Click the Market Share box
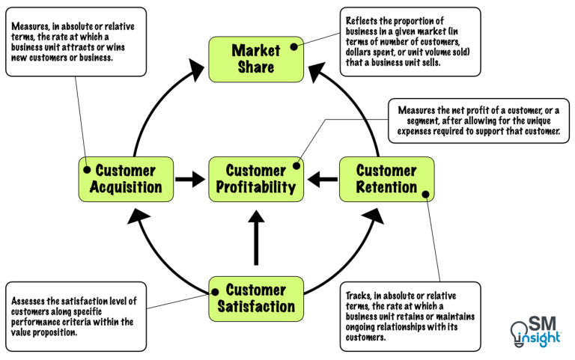[x=256, y=59]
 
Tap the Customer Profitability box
[x=256, y=179]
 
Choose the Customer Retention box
[x=386, y=179]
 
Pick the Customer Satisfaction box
[x=256, y=298]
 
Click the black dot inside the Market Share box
[x=294, y=46]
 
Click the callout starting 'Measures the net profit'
[x=479, y=120]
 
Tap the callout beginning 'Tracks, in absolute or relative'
[x=409, y=316]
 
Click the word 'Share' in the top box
[x=256, y=67]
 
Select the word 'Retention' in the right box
[x=386, y=187]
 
